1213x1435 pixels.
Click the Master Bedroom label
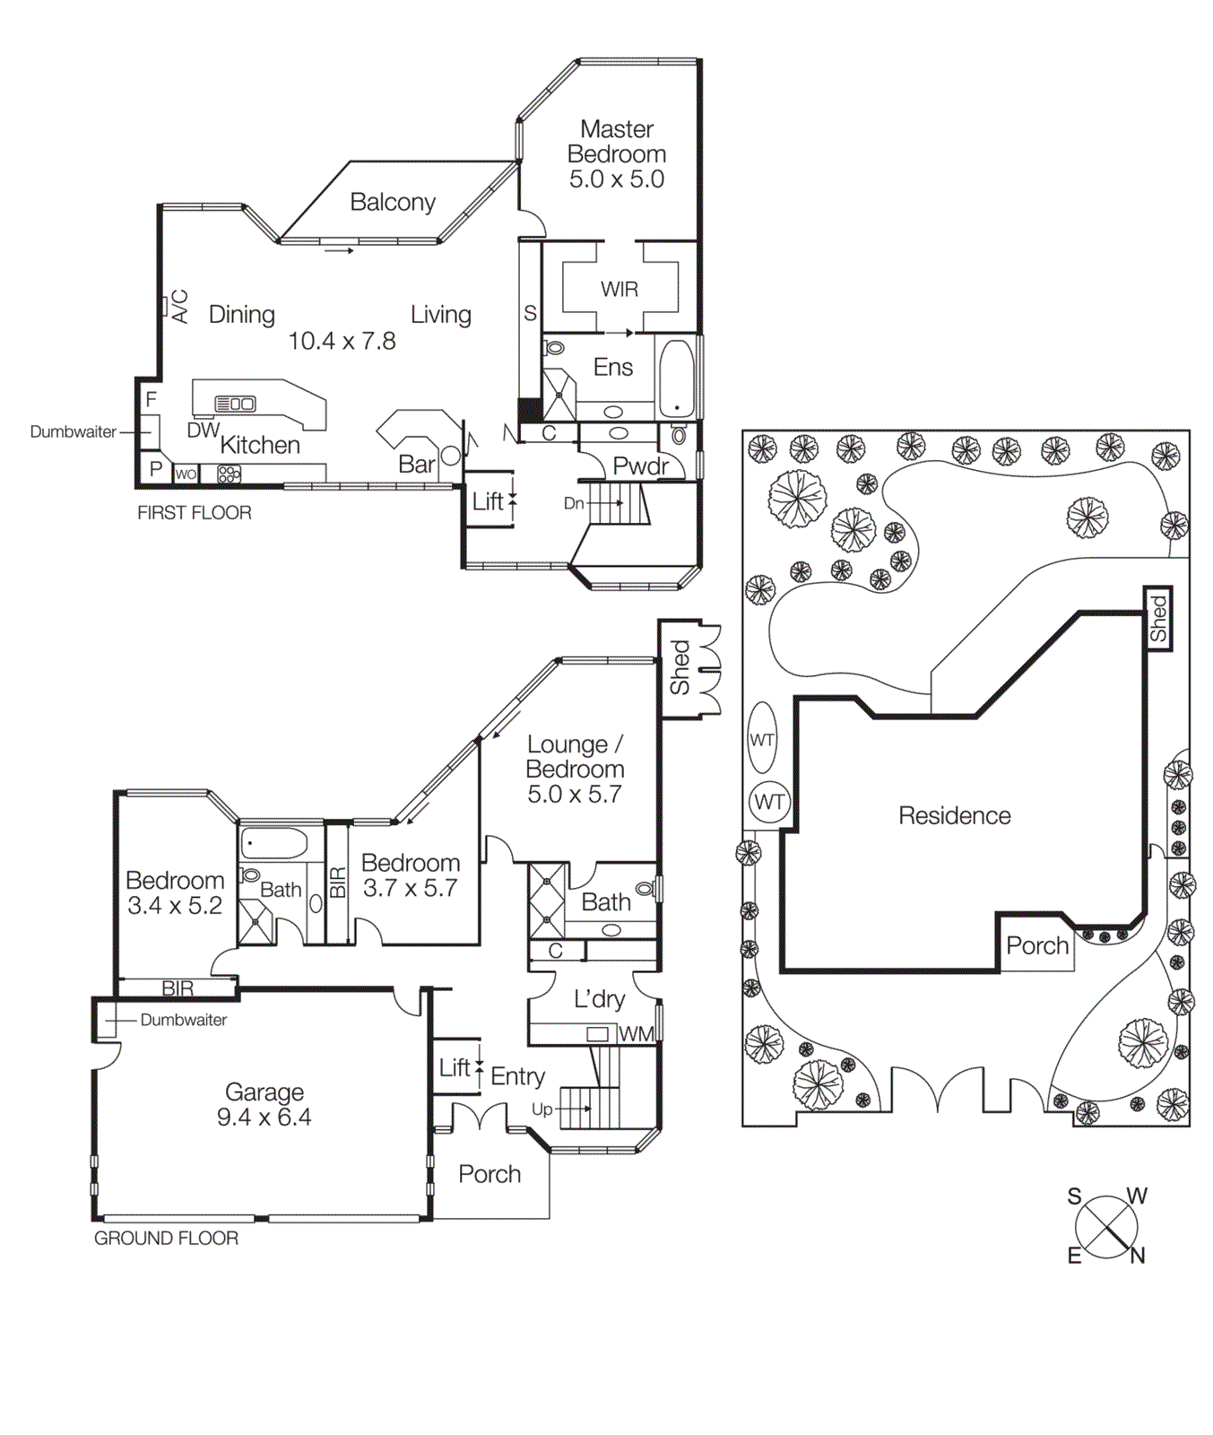point(617,142)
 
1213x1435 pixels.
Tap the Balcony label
point(393,203)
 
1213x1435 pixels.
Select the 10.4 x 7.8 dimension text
point(342,342)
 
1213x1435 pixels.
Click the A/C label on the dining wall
point(180,306)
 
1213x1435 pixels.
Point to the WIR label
point(619,290)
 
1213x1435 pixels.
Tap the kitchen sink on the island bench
point(236,404)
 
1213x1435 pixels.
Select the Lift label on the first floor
point(488,502)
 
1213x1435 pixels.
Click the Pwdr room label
point(640,466)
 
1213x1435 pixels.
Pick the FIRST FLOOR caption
point(194,513)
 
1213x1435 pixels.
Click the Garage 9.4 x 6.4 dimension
point(264,1118)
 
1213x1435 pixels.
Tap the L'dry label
point(599,999)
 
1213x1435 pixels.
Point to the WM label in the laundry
point(637,1034)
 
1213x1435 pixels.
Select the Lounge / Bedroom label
point(575,757)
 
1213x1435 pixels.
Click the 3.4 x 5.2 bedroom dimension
point(175,906)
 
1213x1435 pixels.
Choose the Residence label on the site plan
point(955,816)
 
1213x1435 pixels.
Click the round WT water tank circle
point(769,802)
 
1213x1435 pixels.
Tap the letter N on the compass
point(1138,1256)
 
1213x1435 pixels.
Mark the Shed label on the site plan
point(1157,619)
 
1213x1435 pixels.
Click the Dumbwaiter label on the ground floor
point(183,1020)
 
